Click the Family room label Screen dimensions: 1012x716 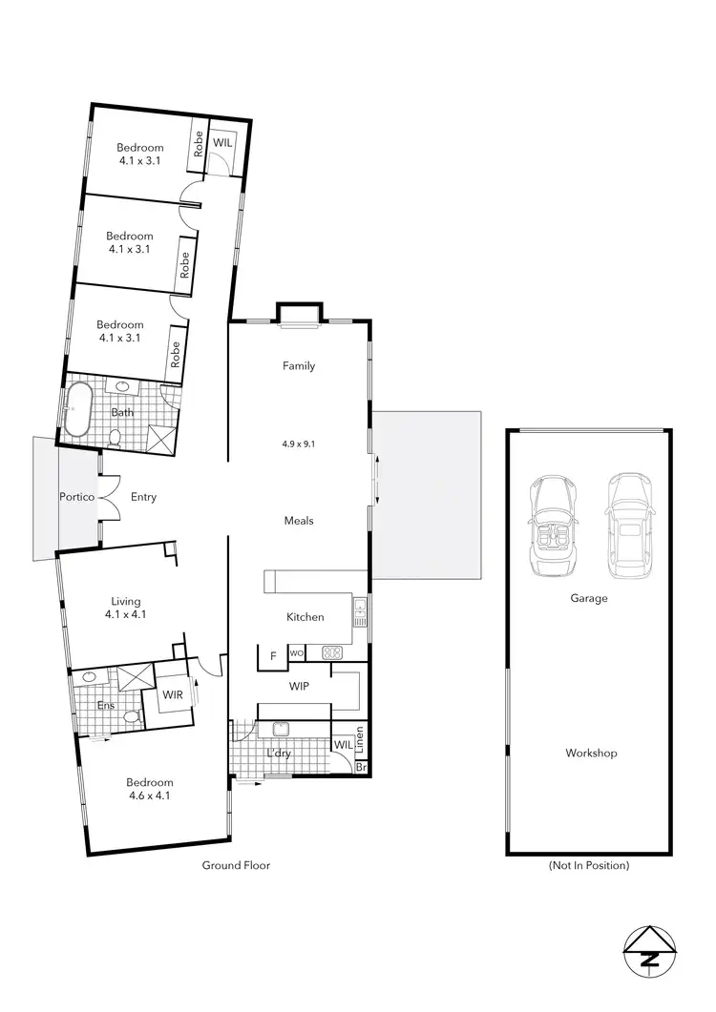[x=299, y=366]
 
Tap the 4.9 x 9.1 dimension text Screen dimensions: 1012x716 [x=299, y=444]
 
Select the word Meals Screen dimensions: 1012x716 [x=299, y=521]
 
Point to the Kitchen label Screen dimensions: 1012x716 [x=305, y=617]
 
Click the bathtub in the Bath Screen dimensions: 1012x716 [x=76, y=408]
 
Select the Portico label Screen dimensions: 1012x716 [x=75, y=497]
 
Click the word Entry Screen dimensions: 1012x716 [x=144, y=497]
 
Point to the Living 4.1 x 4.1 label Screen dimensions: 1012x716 [x=126, y=609]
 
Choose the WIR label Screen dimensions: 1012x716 [x=172, y=695]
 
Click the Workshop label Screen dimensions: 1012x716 [x=591, y=754]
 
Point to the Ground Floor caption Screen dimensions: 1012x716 [x=236, y=866]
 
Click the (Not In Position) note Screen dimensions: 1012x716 [x=589, y=866]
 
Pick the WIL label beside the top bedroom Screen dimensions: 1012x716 [x=222, y=142]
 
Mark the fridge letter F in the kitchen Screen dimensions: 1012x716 [x=274, y=655]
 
